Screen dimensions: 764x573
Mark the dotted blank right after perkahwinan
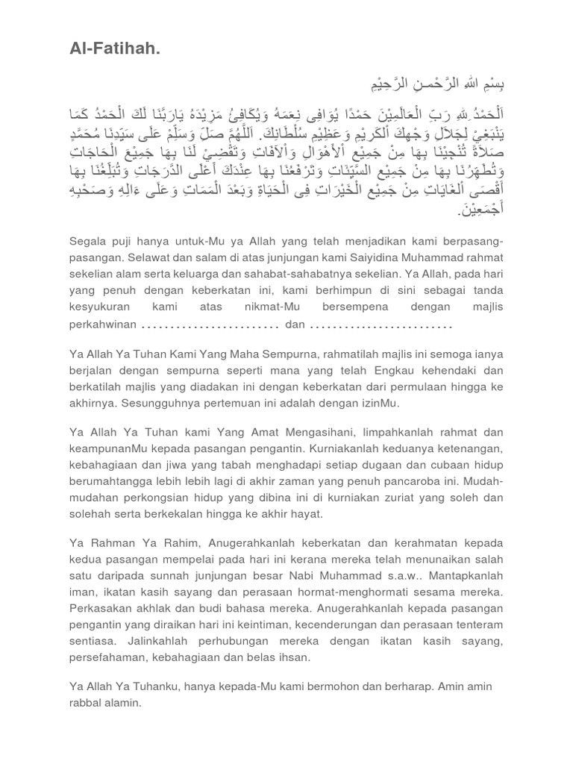click(210, 326)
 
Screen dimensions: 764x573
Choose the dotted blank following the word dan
click(381, 326)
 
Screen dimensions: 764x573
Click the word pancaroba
click(442, 481)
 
